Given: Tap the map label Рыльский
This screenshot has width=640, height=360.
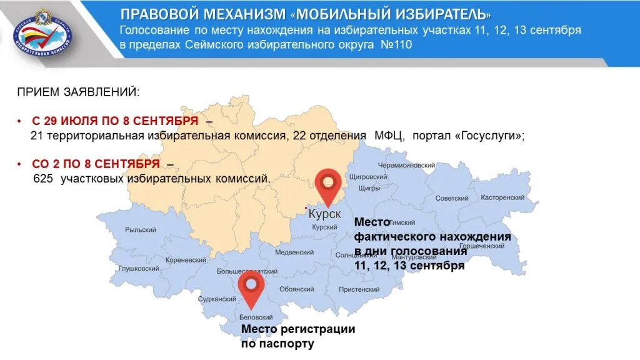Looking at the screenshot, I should point(141,230).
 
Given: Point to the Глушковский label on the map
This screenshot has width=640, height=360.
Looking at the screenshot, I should point(139,268).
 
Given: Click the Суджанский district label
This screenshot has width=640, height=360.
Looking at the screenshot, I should point(216,299).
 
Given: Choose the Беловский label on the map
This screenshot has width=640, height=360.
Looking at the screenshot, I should point(257,317).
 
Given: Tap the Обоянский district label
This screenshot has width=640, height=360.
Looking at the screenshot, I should point(297,289).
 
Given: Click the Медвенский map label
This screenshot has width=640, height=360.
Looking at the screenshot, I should point(294,252).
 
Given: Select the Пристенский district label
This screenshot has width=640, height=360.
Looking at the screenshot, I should point(359,289).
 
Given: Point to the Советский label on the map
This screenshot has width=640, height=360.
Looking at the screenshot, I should point(452,198).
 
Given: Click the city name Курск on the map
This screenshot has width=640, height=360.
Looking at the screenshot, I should point(325,214).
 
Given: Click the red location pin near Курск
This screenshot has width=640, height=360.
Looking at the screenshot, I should point(327,183).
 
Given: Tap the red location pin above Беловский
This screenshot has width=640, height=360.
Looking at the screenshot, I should point(251,286).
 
